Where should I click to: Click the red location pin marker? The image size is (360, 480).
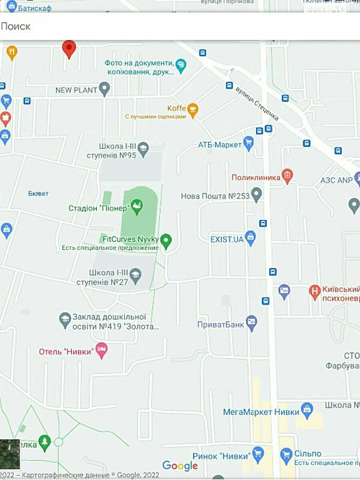69,49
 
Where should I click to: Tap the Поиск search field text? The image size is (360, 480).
16,27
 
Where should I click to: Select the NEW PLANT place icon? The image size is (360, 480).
105,90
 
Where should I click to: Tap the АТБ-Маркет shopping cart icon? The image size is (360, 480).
249,144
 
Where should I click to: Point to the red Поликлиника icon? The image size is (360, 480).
287,175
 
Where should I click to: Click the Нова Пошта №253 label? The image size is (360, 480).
214,196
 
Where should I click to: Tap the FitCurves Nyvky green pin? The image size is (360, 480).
166,241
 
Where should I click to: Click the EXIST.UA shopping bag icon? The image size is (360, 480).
250,237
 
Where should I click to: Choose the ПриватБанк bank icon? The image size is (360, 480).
251,323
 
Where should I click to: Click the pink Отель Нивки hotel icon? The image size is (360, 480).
101,350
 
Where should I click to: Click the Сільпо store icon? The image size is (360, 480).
286,455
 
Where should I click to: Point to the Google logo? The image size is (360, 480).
180,466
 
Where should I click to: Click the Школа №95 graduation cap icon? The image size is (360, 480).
143,149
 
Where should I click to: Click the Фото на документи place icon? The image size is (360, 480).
181,66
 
